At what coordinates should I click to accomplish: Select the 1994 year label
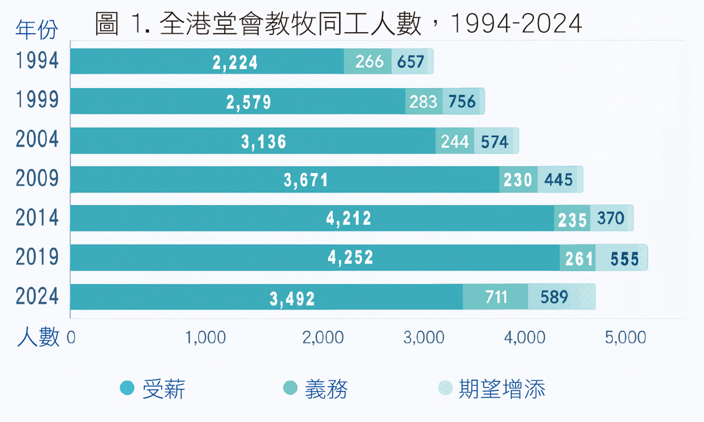point(37,61)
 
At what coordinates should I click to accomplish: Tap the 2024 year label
point(37,297)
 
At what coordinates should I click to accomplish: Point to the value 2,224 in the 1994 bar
point(235,62)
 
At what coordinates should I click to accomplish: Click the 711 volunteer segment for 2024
point(496,297)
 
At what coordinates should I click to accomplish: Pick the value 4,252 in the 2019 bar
point(351,258)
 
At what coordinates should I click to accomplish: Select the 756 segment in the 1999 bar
point(462,102)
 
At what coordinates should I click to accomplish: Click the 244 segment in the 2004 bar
point(455,141)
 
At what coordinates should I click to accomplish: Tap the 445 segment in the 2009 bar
point(559,180)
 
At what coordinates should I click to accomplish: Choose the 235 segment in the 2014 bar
point(572,219)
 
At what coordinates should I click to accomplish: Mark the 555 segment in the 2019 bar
point(624,259)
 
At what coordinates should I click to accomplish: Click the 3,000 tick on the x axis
point(424,337)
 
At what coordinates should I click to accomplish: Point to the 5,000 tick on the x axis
point(625,337)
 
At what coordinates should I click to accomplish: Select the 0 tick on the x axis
point(71,337)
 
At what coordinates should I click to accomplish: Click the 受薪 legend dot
point(127,388)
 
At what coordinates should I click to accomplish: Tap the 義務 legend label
point(326,389)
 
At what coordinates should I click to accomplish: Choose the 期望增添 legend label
point(502,389)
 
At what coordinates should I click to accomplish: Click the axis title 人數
point(38,337)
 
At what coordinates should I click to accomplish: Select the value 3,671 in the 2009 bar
point(306,180)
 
